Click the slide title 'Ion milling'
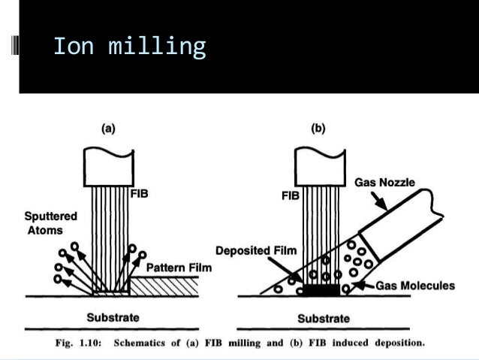[129, 47]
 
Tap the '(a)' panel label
[109, 129]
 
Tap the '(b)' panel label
[318, 129]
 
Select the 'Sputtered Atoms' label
[50, 223]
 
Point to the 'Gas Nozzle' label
[384, 183]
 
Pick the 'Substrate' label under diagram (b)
[324, 318]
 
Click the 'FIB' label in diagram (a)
[140, 193]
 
